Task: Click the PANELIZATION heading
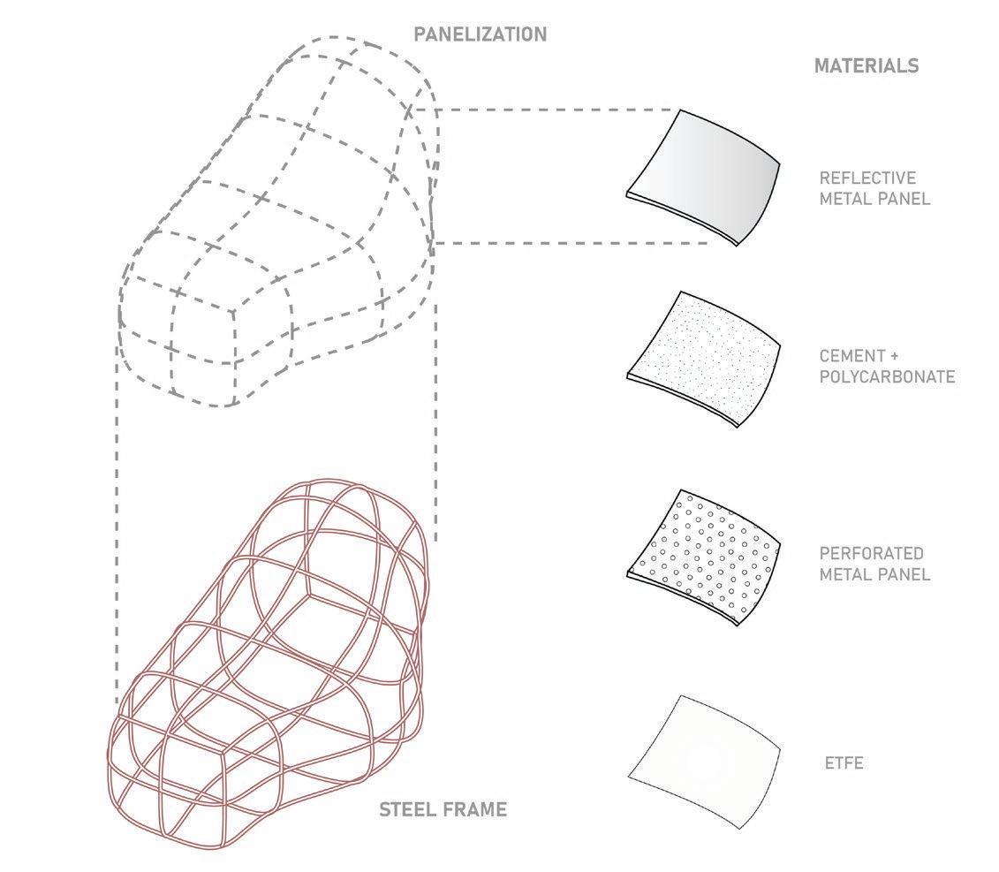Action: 481,35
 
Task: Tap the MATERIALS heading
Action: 866,65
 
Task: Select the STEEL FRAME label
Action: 443,809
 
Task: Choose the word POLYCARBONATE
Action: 887,377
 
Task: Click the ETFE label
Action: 842,762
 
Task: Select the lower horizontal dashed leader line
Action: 574,242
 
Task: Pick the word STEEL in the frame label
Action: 407,809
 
